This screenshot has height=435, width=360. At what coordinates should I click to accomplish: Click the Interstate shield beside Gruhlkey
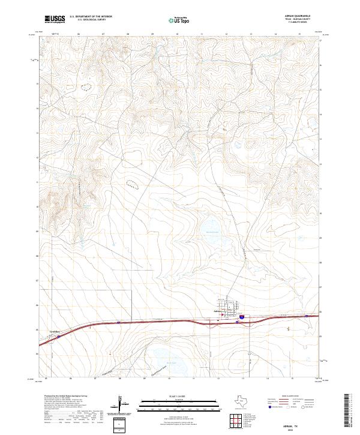pyautogui.click(x=59, y=336)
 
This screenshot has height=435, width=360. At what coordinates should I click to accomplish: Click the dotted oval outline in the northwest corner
pyautogui.click(x=88, y=86)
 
